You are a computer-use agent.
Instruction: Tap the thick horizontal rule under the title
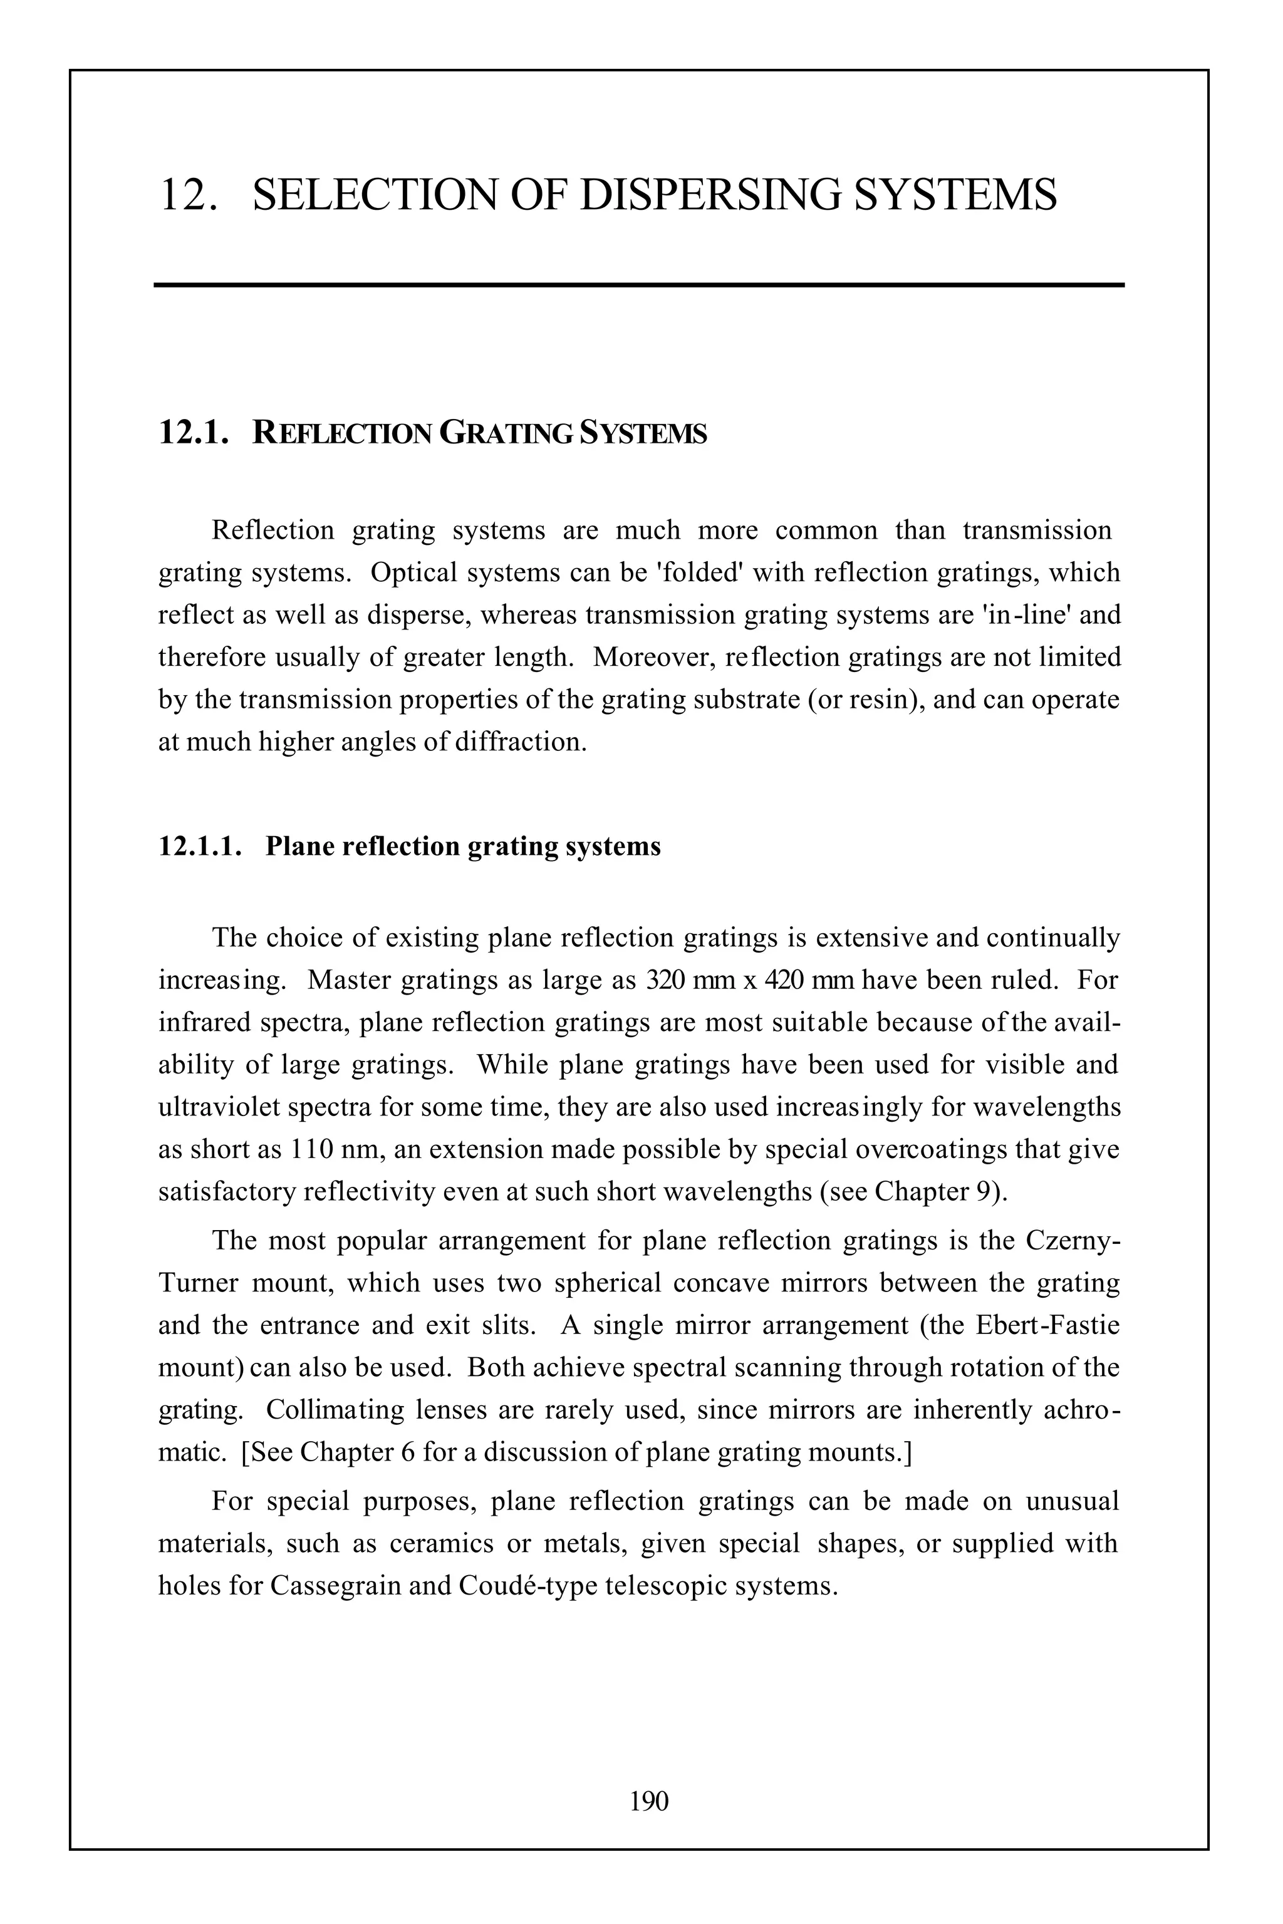tap(638, 285)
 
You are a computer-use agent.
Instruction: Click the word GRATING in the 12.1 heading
tap(506, 433)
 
